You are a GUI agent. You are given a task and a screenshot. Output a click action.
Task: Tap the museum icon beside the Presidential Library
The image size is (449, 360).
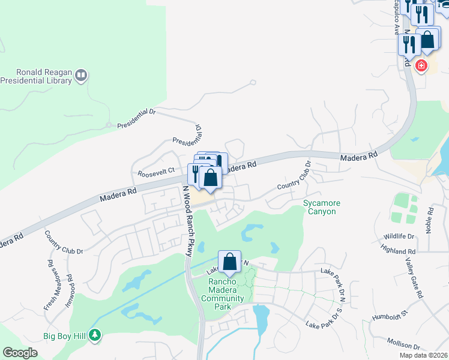tap(82, 75)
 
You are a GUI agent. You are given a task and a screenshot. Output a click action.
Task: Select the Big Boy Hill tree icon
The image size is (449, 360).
tap(94, 335)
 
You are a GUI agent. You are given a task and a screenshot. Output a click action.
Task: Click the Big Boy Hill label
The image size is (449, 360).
tap(65, 335)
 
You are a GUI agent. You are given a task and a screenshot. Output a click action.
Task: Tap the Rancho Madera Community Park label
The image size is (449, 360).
tap(222, 294)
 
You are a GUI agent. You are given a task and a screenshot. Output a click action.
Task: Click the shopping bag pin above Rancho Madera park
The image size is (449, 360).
tap(229, 262)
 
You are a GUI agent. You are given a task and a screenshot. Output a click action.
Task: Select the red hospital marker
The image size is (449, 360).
tap(421, 65)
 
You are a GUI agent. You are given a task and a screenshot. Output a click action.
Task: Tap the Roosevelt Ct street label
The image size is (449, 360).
tap(155, 173)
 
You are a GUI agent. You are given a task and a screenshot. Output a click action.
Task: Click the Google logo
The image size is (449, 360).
tap(20, 353)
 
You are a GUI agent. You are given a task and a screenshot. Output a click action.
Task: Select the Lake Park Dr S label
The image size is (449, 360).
tap(323, 325)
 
